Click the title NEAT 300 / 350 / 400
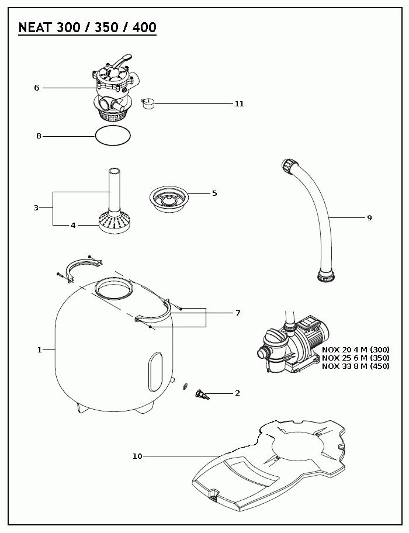tap(87, 27)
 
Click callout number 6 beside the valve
tap(36, 88)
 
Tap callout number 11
tap(239, 104)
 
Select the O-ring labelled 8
tap(113, 136)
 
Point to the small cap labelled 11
tap(148, 103)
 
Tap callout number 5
tap(214, 193)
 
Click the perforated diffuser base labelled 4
tap(115, 223)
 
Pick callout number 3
tap(36, 207)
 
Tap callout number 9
tap(369, 217)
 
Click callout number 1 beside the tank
tap(40, 349)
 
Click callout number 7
tap(238, 313)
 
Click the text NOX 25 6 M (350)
tap(355, 358)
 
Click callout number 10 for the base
tap(137, 456)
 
